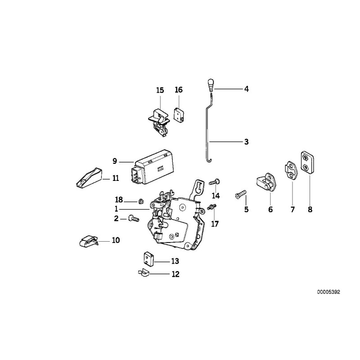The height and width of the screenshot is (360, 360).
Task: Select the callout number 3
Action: click(x=246, y=142)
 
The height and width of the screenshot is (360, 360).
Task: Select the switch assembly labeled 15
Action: click(x=158, y=118)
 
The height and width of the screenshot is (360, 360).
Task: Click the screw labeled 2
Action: click(x=133, y=218)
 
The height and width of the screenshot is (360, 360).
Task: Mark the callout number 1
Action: click(x=116, y=209)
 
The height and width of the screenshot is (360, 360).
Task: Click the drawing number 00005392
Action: click(x=329, y=292)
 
